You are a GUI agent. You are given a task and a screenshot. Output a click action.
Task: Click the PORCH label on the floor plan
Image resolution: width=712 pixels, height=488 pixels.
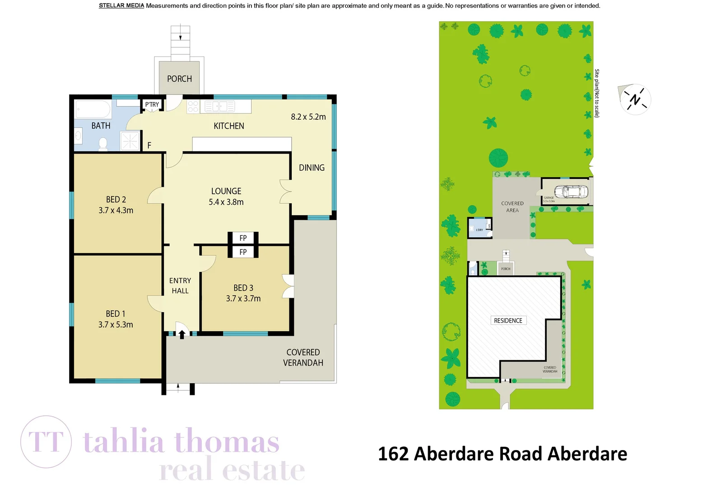tap(179, 79)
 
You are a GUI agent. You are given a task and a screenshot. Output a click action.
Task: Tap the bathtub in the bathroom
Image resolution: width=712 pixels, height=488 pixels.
tap(93, 109)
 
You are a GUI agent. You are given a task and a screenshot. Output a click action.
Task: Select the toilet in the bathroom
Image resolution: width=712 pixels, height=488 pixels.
tap(103, 144)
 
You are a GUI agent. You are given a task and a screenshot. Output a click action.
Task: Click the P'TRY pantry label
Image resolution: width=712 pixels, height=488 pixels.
tap(152, 105)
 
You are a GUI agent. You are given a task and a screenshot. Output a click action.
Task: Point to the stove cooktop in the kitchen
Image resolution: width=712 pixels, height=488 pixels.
tap(193, 107)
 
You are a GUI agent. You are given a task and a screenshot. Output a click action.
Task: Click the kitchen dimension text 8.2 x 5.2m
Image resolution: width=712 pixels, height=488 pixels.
tap(308, 117)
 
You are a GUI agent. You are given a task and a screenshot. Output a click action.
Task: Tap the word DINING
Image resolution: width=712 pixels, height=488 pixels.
tap(312, 168)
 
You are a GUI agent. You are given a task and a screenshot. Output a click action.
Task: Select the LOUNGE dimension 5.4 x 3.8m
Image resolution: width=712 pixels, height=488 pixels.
tap(226, 202)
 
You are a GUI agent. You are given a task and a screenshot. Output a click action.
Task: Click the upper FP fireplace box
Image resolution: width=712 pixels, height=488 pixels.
tap(243, 238)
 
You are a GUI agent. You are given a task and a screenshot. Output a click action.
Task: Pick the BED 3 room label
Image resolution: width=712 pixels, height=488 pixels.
tap(243, 288)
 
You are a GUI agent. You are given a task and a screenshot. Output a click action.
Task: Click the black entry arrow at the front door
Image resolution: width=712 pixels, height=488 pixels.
tap(182, 334)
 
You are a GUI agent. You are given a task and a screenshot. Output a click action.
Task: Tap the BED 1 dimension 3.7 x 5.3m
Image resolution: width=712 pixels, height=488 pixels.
tap(116, 325)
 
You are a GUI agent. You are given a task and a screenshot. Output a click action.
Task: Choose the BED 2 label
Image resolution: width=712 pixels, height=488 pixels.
tap(116, 199)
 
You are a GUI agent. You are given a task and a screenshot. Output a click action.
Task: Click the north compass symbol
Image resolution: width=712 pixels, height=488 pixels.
tap(635, 99)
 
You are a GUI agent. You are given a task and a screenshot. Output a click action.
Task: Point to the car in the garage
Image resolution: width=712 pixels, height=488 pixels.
tap(571, 192)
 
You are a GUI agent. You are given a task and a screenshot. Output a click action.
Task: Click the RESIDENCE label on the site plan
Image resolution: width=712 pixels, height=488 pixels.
tap(508, 321)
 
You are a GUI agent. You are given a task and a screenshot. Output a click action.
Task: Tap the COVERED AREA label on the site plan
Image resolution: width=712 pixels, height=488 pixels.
tap(512, 207)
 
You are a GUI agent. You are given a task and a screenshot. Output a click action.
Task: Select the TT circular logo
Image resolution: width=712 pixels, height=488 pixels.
tap(46, 441)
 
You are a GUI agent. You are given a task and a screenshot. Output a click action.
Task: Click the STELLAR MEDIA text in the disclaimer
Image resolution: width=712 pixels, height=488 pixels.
tap(121, 6)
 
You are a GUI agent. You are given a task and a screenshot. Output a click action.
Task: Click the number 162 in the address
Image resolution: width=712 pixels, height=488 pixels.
tap(393, 454)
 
